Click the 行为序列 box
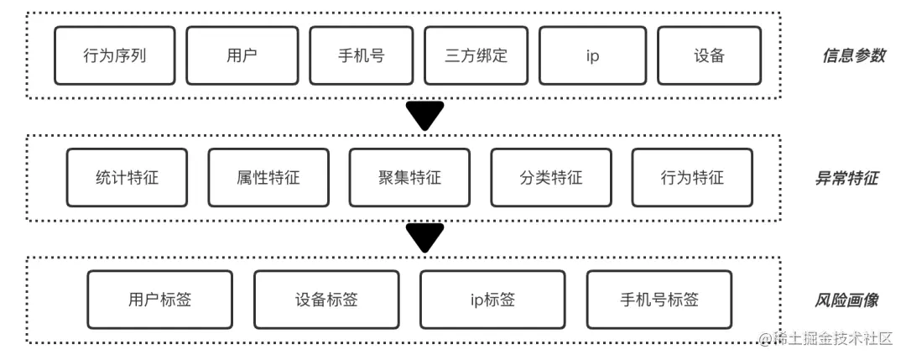115,56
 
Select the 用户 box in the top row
242,56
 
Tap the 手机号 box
361,56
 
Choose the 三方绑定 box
476,56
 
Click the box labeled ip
592,56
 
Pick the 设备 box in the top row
709,56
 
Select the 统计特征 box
127,178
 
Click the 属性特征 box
268,178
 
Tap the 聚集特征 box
409,178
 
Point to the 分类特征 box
550,178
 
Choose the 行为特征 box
691,178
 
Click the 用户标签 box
159,300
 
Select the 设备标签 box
326,300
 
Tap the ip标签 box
492,300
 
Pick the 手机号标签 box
659,300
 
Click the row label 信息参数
852,56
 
